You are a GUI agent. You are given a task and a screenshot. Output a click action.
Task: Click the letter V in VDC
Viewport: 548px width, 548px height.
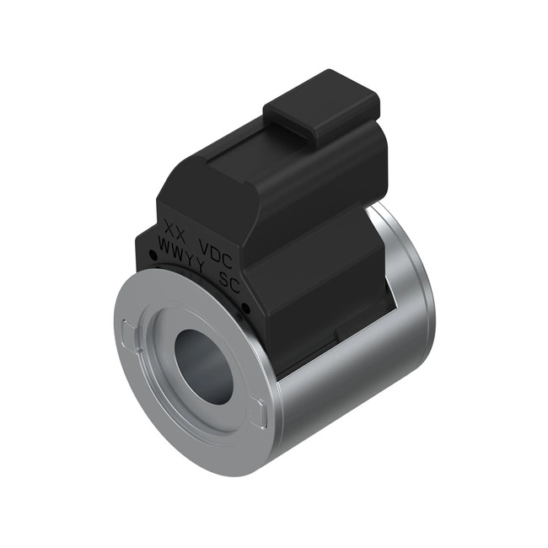coord(202,245)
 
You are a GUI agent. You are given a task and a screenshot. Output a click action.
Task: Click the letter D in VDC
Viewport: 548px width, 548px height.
coord(216,251)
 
